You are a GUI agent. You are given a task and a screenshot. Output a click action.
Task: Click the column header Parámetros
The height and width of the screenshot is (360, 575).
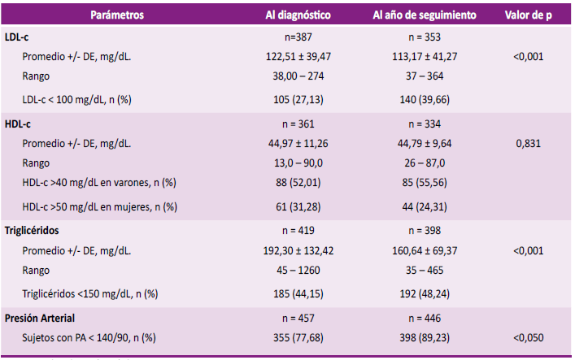coord(117,15)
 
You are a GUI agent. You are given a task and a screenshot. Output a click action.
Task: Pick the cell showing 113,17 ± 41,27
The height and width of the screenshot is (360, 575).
coord(430,57)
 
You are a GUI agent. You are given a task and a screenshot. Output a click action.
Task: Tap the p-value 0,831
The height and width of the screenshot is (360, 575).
coord(528,144)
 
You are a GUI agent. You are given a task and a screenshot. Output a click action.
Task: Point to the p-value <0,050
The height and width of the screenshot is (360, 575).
coord(528,336)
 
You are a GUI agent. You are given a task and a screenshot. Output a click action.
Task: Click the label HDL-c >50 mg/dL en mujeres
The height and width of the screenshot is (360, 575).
coord(101,206)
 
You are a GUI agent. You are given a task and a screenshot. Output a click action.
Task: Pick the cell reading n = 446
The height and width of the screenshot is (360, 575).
coord(430,316)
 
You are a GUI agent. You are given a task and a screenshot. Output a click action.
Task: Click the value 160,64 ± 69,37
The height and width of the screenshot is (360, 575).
coord(430,250)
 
